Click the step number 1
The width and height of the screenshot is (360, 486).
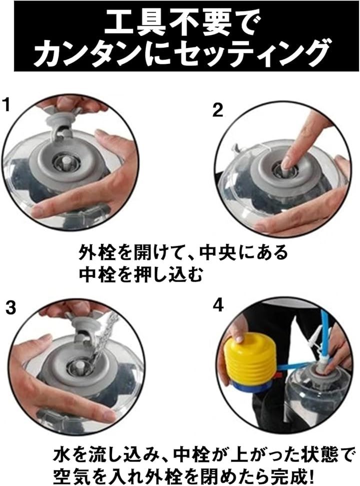[x=6, y=104]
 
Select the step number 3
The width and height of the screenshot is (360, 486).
[x=10, y=308]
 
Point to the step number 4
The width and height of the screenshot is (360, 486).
[x=218, y=305]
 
